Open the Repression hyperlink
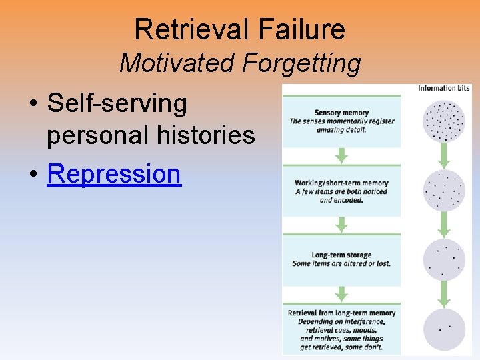114,173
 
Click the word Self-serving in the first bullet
117,103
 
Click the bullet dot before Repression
33,174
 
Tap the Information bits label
444,88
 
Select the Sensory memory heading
341,113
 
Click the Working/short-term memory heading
341,183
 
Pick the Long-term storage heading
341,255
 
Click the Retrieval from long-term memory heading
341,313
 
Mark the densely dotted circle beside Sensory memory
444,120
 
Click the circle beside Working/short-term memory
444,191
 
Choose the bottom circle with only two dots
444,328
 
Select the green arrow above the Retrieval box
341,294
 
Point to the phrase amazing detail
341,129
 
